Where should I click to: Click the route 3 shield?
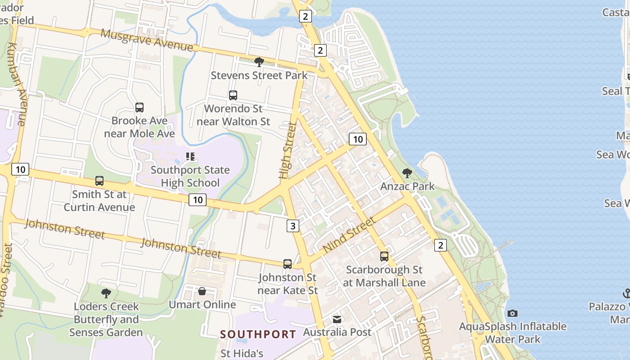[x=293, y=225]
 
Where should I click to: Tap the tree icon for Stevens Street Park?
[x=259, y=62]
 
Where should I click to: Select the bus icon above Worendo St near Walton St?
[x=233, y=95]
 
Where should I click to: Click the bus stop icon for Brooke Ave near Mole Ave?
[x=139, y=108]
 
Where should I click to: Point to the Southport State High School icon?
[x=190, y=157]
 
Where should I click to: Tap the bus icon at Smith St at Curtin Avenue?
[x=99, y=181]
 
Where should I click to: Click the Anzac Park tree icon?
[x=407, y=173]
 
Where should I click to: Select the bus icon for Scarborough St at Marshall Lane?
[x=384, y=256]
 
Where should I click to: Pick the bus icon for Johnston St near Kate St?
[x=287, y=264]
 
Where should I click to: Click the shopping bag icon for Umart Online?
[x=202, y=292]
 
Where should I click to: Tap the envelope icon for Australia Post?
[x=337, y=319]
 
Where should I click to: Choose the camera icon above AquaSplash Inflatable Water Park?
[x=512, y=313]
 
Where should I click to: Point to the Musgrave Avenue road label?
[x=147, y=40]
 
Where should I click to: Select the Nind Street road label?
[x=349, y=235]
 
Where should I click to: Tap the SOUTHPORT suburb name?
[x=258, y=334]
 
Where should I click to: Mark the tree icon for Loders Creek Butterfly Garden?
[x=106, y=293]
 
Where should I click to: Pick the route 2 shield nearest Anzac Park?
[x=441, y=245]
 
